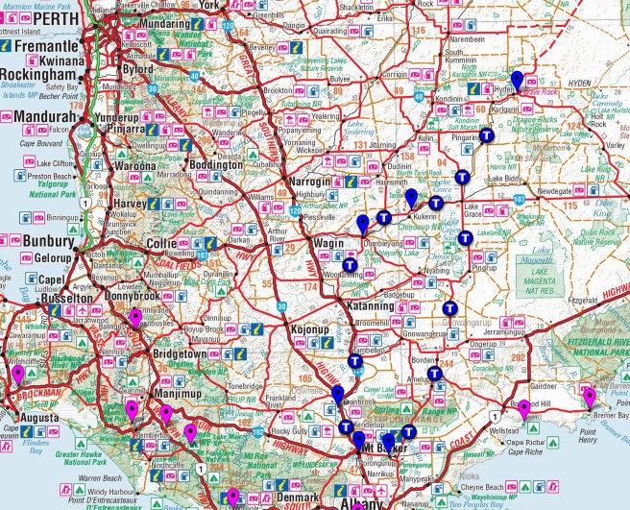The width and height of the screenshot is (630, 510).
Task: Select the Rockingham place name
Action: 38,74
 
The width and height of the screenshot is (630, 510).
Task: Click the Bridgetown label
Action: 157,353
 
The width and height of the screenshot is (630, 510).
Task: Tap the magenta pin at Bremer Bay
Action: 590,398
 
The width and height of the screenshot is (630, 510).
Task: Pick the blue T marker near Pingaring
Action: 487,135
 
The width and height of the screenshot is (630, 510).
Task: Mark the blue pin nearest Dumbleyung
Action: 362,225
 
